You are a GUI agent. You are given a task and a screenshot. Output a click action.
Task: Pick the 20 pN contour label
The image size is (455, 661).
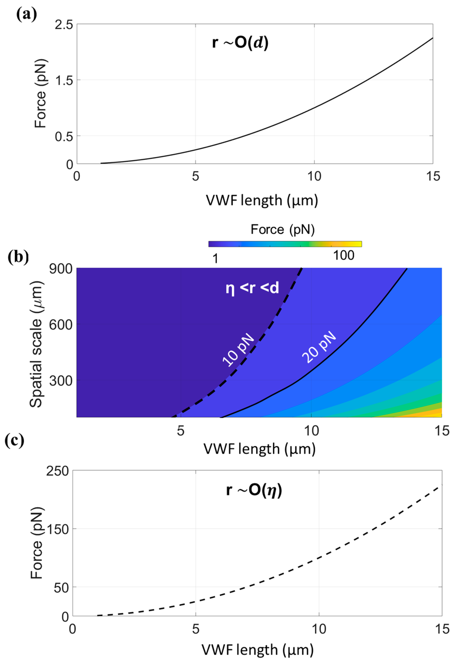(319, 347)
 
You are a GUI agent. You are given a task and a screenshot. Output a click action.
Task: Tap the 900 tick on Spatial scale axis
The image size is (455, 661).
(61, 269)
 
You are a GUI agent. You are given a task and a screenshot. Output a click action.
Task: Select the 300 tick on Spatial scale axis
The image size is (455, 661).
(61, 381)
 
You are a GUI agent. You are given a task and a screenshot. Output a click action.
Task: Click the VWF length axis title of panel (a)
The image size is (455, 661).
(262, 200)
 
